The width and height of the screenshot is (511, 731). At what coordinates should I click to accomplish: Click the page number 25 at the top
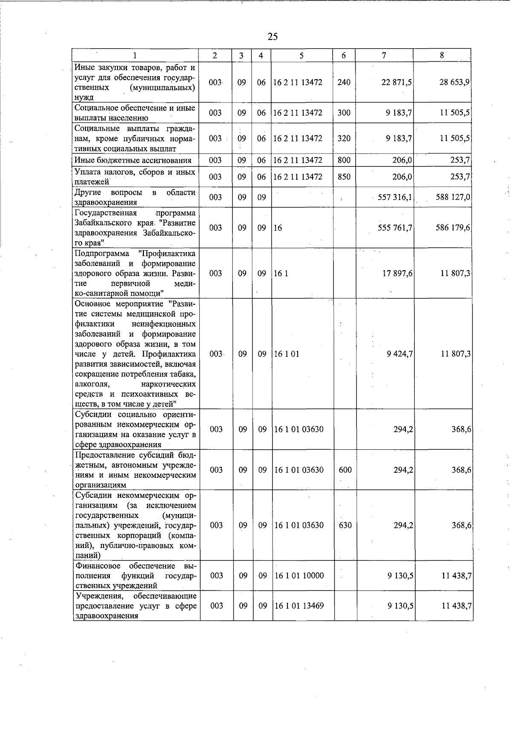pyautogui.click(x=273, y=37)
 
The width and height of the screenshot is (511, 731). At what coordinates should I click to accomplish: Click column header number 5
pyautogui.click(x=301, y=55)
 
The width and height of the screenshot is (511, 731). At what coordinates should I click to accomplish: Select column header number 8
pyautogui.click(x=442, y=55)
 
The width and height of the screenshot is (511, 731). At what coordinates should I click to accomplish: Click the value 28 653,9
pyautogui.click(x=454, y=82)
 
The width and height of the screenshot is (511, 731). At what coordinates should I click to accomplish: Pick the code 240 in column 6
pyautogui.click(x=344, y=82)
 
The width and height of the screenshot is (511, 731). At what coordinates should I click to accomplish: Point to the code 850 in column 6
pyautogui.click(x=344, y=177)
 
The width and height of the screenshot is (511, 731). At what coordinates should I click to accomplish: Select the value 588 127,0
pyautogui.click(x=453, y=197)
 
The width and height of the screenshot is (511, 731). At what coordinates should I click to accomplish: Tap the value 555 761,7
pyautogui.click(x=395, y=228)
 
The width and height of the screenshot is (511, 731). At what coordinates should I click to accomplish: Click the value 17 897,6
pyautogui.click(x=397, y=274)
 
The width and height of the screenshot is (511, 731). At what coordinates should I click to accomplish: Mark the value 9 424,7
pyautogui.click(x=400, y=354)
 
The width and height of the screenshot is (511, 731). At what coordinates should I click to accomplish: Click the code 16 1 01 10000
pyautogui.click(x=299, y=576)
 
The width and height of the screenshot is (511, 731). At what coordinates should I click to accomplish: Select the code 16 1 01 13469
pyautogui.click(x=299, y=605)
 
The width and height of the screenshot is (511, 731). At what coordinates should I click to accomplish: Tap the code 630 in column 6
pyautogui.click(x=345, y=525)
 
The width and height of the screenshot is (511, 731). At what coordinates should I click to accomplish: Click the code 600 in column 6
pyautogui.click(x=345, y=470)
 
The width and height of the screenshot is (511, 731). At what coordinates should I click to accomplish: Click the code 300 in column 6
pyautogui.click(x=344, y=113)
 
